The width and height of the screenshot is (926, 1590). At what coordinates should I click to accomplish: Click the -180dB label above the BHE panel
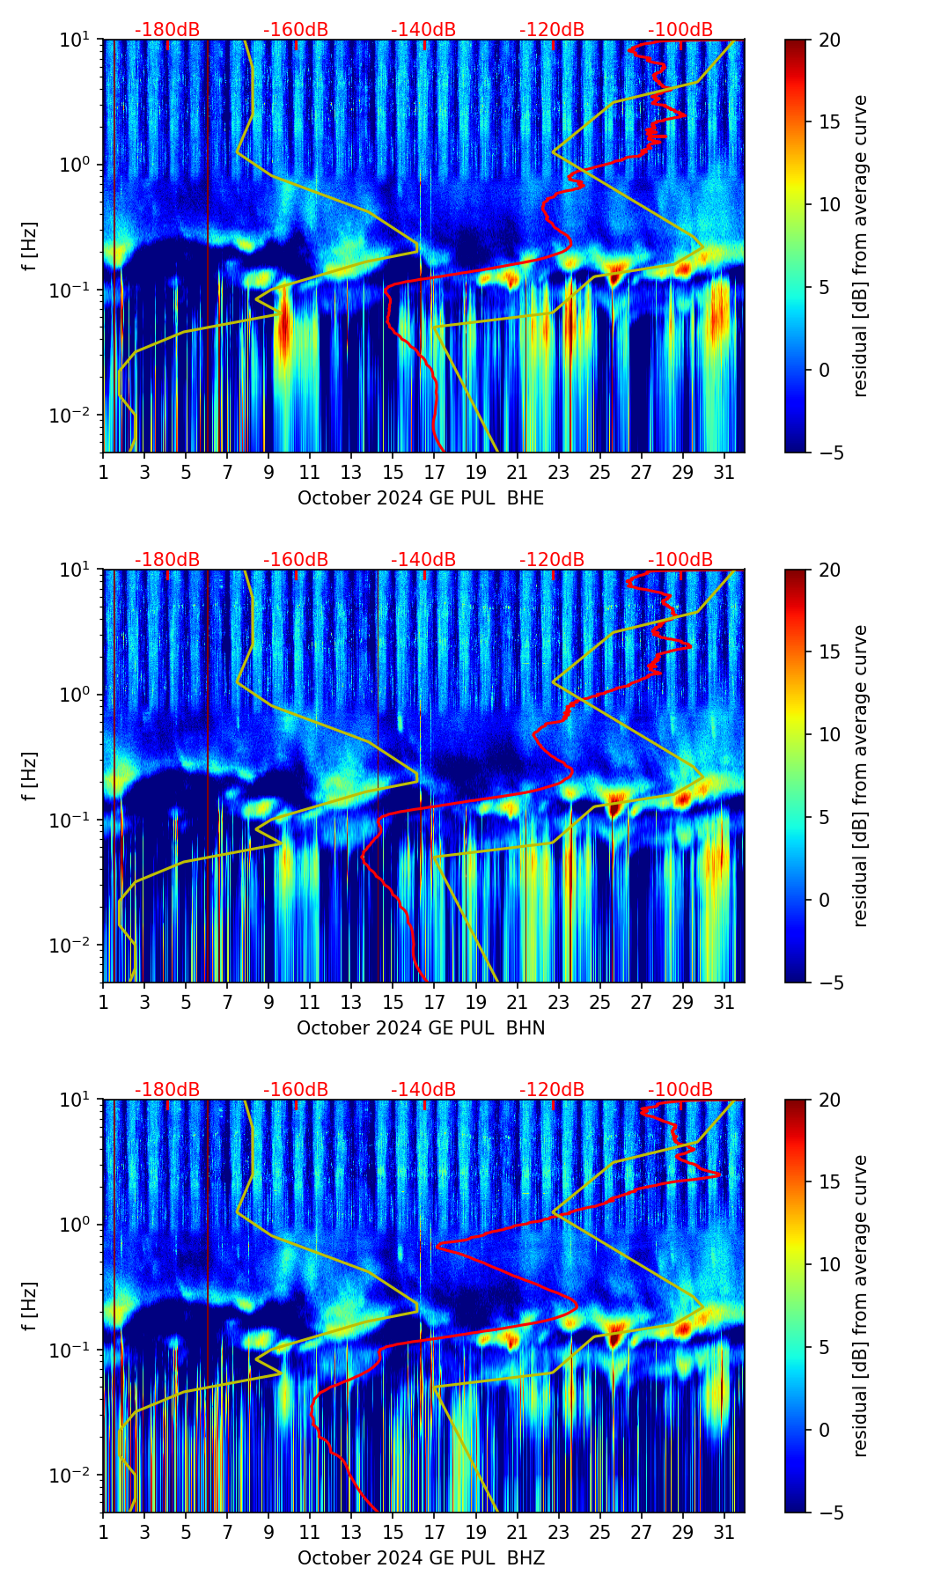167,31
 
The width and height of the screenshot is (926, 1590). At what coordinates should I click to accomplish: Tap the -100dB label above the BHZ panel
680,1091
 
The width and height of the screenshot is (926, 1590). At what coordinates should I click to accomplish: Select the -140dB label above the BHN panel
423,561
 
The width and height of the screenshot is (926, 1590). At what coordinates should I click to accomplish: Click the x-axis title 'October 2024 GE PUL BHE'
421,498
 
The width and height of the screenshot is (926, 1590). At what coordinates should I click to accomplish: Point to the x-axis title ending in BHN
421,1028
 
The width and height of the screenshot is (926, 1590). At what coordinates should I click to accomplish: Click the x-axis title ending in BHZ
421,1558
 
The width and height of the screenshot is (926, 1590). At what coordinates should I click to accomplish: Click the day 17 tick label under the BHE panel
435,473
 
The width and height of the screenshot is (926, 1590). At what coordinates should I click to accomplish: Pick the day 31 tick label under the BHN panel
724,1003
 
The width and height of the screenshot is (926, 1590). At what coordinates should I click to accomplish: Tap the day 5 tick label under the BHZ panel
187,1533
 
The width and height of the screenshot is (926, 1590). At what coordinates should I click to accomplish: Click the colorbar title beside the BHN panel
860,776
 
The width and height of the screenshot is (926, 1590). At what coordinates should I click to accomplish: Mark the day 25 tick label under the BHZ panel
600,1533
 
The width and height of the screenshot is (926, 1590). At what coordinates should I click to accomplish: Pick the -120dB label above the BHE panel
552,31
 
